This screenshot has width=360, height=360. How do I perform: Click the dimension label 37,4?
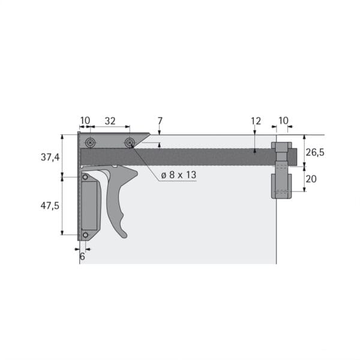tap(50, 157)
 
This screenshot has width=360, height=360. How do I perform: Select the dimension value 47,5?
tap(50, 206)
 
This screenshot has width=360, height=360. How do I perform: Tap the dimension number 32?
tap(110, 121)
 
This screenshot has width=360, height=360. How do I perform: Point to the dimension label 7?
tap(160, 121)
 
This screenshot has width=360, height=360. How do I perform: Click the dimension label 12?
tap(256, 121)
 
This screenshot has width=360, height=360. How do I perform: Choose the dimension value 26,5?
tap(315, 152)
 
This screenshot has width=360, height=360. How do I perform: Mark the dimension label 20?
tap(311, 179)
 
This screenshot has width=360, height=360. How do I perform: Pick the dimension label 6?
tap(82, 256)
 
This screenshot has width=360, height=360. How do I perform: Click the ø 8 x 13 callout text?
tap(179, 175)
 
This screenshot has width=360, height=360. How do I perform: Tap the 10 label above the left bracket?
tap(85, 121)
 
